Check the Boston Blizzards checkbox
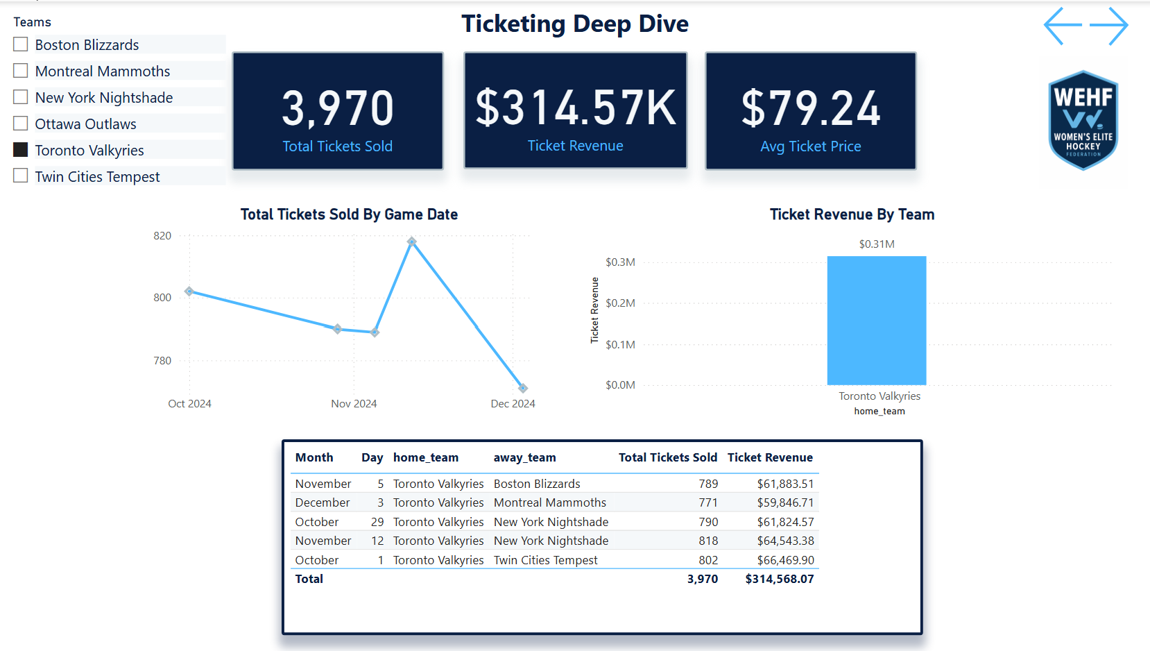click(21, 44)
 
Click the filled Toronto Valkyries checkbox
click(21, 150)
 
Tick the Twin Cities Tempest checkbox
click(21, 176)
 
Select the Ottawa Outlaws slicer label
click(85, 124)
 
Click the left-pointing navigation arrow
click(1063, 26)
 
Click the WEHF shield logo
click(1083, 120)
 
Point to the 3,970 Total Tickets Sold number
click(338, 109)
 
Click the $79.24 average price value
click(810, 109)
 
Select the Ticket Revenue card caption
click(575, 146)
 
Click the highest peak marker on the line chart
click(412, 242)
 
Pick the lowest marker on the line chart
click(523, 388)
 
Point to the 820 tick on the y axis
click(162, 236)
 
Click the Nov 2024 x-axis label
click(354, 404)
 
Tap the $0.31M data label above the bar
click(876, 244)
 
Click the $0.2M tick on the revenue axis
click(620, 303)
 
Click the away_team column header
click(524, 457)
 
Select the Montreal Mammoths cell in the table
click(549, 502)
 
